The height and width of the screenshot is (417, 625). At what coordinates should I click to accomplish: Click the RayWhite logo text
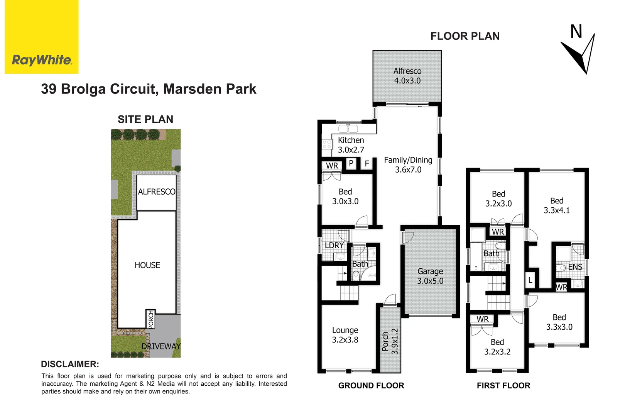point(42,60)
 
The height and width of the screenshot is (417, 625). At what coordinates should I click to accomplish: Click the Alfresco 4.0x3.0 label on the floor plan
point(407,76)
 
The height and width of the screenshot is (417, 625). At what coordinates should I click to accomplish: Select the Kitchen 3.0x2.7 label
point(351,145)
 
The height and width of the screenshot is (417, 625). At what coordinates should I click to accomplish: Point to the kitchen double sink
point(348,129)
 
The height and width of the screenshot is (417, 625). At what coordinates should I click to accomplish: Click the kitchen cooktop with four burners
point(327,144)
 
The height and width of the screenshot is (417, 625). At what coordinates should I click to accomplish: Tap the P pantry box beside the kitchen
point(351,163)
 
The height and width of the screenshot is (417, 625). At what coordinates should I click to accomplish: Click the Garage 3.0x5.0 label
point(430,276)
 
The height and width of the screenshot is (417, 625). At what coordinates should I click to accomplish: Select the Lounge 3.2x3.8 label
point(345,335)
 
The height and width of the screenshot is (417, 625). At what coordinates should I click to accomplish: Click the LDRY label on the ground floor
point(334,245)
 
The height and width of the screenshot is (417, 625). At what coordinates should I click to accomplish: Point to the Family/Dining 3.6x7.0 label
point(408,165)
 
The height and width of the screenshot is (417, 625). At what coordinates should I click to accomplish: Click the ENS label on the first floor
point(575,267)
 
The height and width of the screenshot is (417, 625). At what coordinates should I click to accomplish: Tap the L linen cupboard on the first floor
point(530,281)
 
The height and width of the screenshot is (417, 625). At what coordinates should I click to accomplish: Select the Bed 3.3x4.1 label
point(556,205)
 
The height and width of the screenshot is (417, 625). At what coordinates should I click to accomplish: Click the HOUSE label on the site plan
point(147,265)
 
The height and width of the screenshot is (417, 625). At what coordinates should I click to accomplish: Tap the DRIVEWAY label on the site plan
point(161,346)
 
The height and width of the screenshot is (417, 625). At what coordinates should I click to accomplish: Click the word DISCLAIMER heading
point(70,364)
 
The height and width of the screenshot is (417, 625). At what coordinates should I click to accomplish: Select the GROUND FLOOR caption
point(371,385)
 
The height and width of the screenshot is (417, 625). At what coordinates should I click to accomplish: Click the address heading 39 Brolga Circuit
point(149,89)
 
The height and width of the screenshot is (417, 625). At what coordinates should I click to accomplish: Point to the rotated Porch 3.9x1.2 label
point(390,341)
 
